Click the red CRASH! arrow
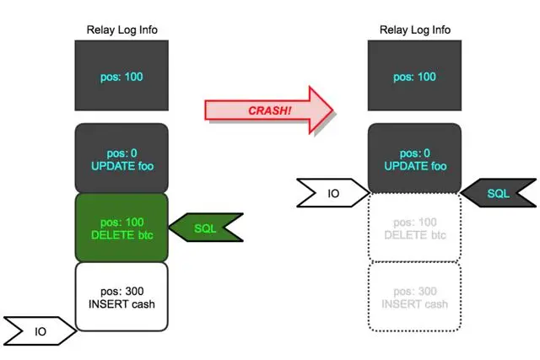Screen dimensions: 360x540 [270, 110]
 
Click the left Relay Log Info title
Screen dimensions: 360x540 [122, 30]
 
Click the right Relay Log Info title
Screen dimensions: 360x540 [415, 30]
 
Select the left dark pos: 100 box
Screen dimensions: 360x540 [122, 78]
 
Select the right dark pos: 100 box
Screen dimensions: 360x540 [415, 78]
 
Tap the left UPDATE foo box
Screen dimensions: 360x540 [122, 159]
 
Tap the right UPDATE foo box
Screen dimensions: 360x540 [415, 159]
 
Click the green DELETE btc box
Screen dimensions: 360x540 [122, 227]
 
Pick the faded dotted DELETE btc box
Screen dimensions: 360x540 [415, 227]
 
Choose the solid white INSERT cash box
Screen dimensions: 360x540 [122, 297]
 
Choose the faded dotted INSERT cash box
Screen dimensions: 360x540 [415, 297]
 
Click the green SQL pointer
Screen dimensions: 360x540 [207, 228]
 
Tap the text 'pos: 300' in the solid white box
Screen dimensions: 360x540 [122, 290]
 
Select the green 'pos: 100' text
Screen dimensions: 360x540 [122, 221]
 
